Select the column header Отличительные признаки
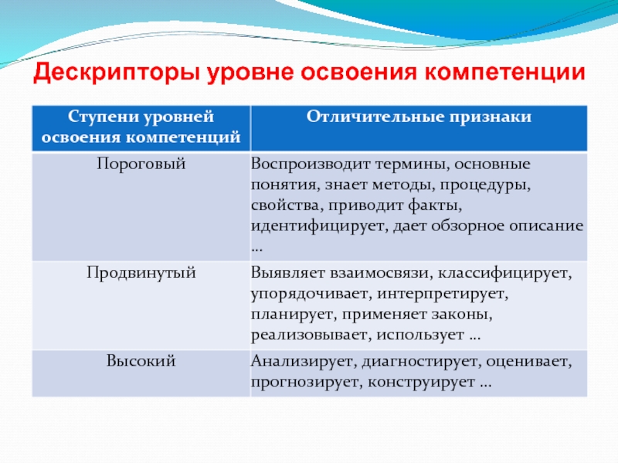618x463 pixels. coord(419,117)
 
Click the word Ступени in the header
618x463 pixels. coord(103,117)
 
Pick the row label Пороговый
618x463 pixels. coord(141,164)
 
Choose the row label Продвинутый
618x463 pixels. coord(141,272)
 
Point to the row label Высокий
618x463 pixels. coord(141,360)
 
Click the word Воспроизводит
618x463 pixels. coord(311,164)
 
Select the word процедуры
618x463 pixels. coord(485,184)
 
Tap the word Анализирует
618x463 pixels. coord(304,361)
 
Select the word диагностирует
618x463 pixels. coord(422,361)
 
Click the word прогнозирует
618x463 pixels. coord(307,382)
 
